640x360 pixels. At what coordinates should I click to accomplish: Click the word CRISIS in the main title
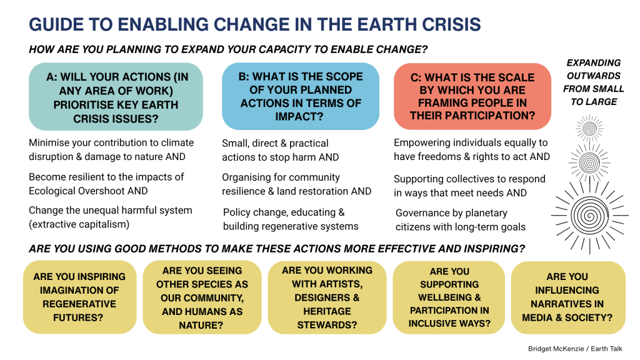point(451,24)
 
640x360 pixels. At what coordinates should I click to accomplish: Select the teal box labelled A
point(116,97)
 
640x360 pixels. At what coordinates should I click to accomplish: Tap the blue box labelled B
point(301,96)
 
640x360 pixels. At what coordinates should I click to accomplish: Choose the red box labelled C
point(472,96)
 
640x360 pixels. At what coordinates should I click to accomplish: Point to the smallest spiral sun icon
point(589,129)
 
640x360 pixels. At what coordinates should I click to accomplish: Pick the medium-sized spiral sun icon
point(589,163)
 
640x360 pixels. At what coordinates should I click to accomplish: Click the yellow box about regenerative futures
point(79,297)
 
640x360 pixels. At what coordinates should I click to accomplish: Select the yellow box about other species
point(202,297)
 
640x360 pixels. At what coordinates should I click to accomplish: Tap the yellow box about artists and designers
point(327,297)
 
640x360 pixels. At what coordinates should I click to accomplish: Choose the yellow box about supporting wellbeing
point(449,297)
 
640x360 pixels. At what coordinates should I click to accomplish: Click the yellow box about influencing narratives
point(567,297)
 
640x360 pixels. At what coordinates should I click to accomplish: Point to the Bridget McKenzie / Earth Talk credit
point(575,349)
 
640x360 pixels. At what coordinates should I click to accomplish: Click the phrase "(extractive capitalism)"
point(79,224)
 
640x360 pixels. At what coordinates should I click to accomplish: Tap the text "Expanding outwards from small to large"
point(594,82)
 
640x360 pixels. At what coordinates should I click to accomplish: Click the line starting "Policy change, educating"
point(284,212)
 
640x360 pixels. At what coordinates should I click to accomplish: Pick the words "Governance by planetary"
point(451,213)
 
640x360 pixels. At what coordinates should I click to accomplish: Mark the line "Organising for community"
point(281,177)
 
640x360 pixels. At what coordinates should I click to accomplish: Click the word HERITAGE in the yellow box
point(327,311)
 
